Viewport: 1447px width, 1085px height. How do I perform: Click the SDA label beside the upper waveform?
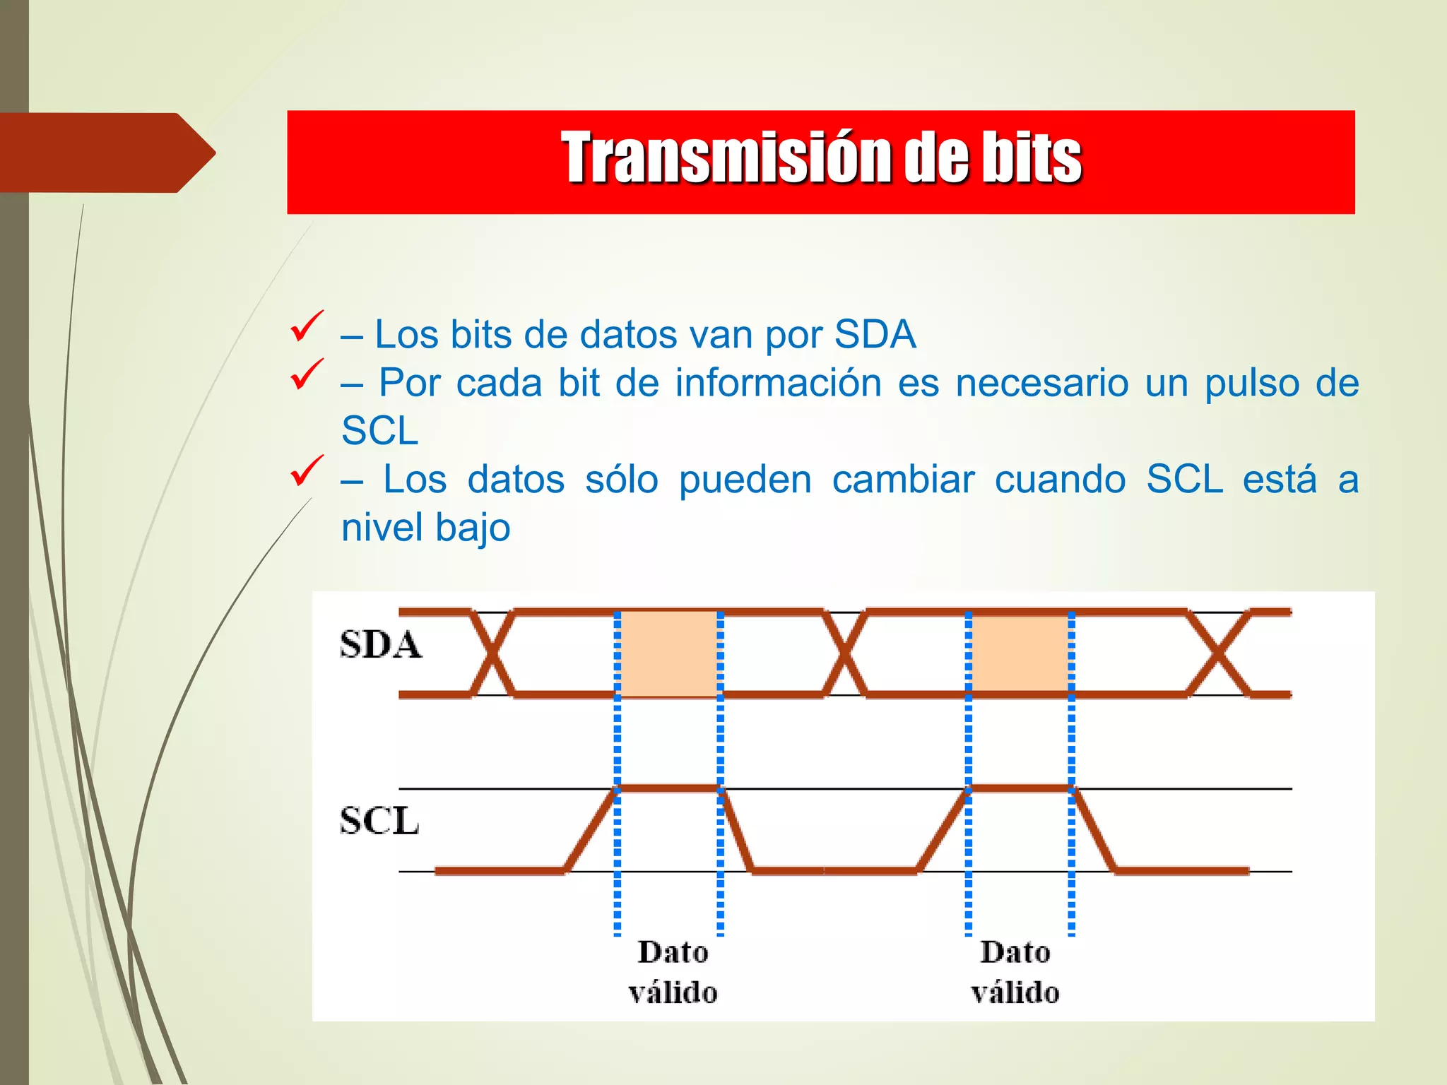[380, 644]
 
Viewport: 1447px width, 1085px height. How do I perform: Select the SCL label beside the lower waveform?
[379, 821]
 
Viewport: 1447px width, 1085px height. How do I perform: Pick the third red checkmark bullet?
[307, 471]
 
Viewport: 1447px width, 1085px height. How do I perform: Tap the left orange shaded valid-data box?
[668, 654]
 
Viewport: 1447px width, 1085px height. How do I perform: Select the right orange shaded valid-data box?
[1020, 654]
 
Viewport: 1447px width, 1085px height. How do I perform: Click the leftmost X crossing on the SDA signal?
[492, 653]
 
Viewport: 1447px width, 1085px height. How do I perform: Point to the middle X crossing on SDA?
[844, 653]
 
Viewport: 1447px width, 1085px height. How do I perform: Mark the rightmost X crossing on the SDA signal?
[1219, 653]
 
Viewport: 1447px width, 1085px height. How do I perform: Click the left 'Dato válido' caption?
[673, 972]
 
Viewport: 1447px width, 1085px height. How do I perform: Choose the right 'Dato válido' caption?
[1015, 972]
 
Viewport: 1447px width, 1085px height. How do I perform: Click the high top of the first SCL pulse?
[668, 788]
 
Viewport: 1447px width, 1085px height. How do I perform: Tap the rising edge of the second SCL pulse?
[943, 830]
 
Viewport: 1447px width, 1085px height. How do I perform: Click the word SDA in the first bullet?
[875, 334]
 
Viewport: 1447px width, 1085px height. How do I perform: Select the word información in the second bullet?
[778, 383]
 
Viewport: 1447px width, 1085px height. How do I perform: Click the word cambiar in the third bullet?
[903, 480]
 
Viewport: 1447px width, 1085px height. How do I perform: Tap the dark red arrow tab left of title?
[106, 153]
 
